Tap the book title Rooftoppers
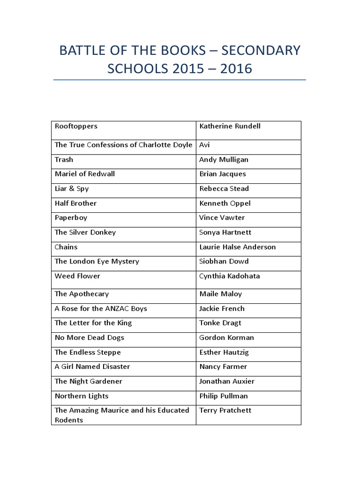click(76, 126)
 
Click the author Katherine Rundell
click(230, 126)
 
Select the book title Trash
click(64, 159)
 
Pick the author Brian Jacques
click(222, 174)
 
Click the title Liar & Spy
click(72, 188)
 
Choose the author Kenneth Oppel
click(225, 203)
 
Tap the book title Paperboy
click(71, 217)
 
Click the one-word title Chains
click(66, 247)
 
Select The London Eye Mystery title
click(97, 261)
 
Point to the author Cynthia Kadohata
click(229, 276)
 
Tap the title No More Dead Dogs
click(89, 337)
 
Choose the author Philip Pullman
click(224, 396)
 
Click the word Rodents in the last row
click(69, 420)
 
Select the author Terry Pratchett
click(225, 410)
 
